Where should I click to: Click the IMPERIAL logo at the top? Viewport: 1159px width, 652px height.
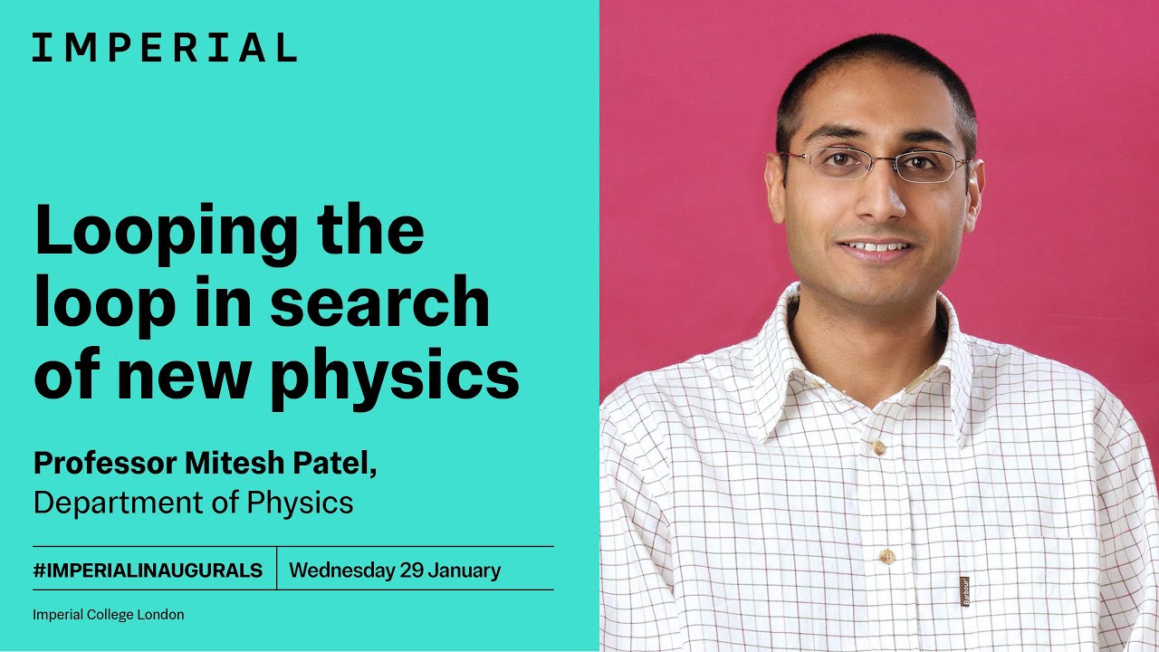tap(164, 47)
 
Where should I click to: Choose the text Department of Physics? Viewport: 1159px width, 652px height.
tap(193, 502)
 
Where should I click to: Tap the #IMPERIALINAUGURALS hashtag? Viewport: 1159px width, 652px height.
tap(148, 570)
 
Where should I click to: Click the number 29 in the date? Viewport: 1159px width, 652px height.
tap(412, 570)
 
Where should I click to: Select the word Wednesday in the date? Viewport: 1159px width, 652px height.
tap(341, 570)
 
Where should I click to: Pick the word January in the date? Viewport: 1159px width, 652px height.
tap(465, 570)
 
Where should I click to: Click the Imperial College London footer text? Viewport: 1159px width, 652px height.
tap(108, 615)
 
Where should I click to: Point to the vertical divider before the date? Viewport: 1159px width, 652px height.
tap(276, 569)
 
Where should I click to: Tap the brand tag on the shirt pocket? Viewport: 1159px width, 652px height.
tap(965, 590)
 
